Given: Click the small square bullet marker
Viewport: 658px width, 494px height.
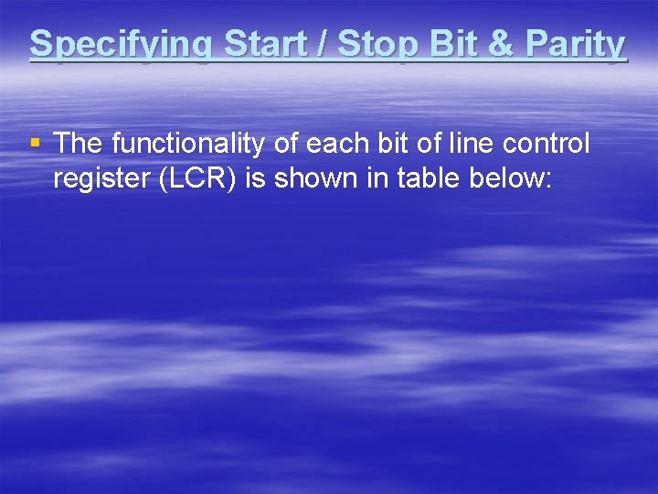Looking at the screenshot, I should point(35,143).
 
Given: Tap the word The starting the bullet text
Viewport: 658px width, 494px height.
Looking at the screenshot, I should point(79,144).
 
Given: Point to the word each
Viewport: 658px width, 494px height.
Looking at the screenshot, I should point(335,144).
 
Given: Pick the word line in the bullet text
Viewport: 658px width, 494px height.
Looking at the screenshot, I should point(465,144).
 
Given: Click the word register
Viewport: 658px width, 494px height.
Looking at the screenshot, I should point(101,179).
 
